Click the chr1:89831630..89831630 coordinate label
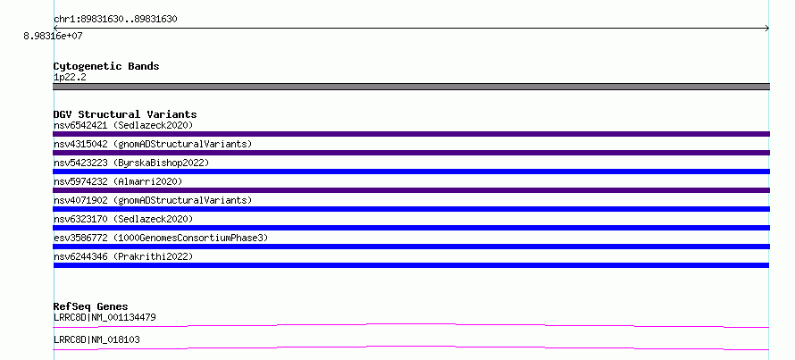(115, 20)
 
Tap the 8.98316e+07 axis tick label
(53, 36)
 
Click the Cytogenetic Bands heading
(106, 66)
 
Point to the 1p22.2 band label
(70, 78)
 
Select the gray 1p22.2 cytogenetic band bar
(411, 87)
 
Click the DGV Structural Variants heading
(125, 114)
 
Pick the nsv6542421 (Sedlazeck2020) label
(123, 125)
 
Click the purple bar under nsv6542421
(411, 134)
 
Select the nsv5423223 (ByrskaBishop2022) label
(131, 163)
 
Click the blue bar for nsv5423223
(411, 172)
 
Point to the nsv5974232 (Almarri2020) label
(118, 181)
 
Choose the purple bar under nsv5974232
(411, 190)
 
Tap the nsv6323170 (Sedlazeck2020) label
(123, 219)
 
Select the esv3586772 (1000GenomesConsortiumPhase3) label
(161, 238)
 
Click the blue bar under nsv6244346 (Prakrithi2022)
(411, 265)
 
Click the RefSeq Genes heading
(91, 306)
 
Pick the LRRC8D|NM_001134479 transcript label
(105, 318)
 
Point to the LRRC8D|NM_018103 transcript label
(96, 340)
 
